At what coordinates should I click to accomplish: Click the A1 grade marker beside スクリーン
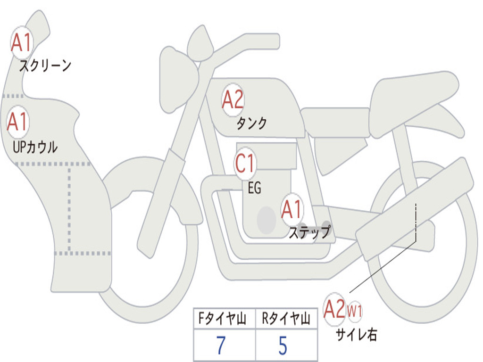coord(21,43)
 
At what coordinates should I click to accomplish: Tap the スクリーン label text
coord(45,66)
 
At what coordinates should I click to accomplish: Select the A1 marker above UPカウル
coord(18,122)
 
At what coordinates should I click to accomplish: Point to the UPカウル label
coord(35,147)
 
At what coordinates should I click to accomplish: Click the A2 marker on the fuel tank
coord(233,99)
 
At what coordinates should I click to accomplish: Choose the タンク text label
coord(251,123)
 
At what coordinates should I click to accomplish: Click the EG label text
coord(254,189)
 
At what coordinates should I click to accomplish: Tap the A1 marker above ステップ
coord(292,210)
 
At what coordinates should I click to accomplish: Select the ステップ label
coord(309,232)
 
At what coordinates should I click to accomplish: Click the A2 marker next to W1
coord(335,309)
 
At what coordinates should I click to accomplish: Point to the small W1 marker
coord(355,312)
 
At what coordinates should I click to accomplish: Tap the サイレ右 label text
coord(356,335)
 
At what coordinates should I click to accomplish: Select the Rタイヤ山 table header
coord(286,320)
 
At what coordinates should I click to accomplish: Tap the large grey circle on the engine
coord(266,220)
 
